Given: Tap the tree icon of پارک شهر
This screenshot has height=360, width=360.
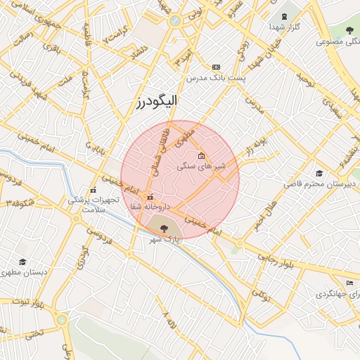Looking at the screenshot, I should pyautogui.click(x=164, y=228).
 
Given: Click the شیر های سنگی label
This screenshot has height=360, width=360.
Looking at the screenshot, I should pyautogui.click(x=200, y=167).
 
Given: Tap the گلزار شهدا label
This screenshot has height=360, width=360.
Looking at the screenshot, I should pyautogui.click(x=285, y=26).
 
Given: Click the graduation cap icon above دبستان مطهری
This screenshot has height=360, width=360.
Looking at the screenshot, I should pyautogui.click(x=23, y=262).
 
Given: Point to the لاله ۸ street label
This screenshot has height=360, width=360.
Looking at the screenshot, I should pyautogui.click(x=170, y=322).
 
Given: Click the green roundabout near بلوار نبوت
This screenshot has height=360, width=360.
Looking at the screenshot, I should pyautogui.click(x=62, y=321).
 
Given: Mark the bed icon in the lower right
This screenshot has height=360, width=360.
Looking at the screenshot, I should pyautogui.click(x=349, y=283).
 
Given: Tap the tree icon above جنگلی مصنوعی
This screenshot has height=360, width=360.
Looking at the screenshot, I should pyautogui.click(x=349, y=30).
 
